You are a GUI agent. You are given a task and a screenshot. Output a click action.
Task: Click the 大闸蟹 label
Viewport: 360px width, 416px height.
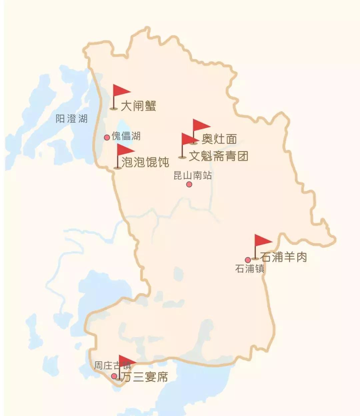[138, 106]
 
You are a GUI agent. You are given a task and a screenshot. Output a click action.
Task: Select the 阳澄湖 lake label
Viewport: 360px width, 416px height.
[71, 118]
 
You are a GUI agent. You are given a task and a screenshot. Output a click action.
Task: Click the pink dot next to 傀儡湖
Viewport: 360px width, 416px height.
[107, 137]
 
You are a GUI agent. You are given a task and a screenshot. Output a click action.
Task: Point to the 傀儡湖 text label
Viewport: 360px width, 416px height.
[126, 136]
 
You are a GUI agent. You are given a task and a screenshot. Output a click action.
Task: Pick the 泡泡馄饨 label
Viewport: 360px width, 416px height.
[145, 162]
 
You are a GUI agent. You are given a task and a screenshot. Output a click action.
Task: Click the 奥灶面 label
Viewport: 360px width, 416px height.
[219, 139]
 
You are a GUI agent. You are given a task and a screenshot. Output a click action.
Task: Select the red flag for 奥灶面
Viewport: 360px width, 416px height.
[201, 126]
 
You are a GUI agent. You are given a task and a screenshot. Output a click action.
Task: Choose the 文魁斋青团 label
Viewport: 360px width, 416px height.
[219, 156]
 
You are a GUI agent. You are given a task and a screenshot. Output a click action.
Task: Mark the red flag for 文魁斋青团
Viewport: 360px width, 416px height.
[189, 139]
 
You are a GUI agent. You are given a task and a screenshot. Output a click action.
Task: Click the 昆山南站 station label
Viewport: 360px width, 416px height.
[193, 175]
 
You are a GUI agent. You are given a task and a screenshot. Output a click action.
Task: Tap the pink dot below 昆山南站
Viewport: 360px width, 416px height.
[189, 184]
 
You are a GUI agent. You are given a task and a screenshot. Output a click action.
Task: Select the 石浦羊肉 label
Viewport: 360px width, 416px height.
[283, 257]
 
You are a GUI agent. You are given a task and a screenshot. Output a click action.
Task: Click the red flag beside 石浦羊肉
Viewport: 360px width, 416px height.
[262, 241]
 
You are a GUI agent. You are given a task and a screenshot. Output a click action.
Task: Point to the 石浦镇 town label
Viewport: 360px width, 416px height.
[250, 269]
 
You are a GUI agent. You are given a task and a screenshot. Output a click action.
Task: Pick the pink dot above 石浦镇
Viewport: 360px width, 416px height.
[248, 260]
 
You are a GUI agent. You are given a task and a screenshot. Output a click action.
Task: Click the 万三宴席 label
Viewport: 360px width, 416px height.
[144, 377]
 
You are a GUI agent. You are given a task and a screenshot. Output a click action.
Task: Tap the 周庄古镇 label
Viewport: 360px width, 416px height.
[112, 366]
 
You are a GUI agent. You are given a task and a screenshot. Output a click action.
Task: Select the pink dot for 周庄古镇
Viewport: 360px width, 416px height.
[114, 376]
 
